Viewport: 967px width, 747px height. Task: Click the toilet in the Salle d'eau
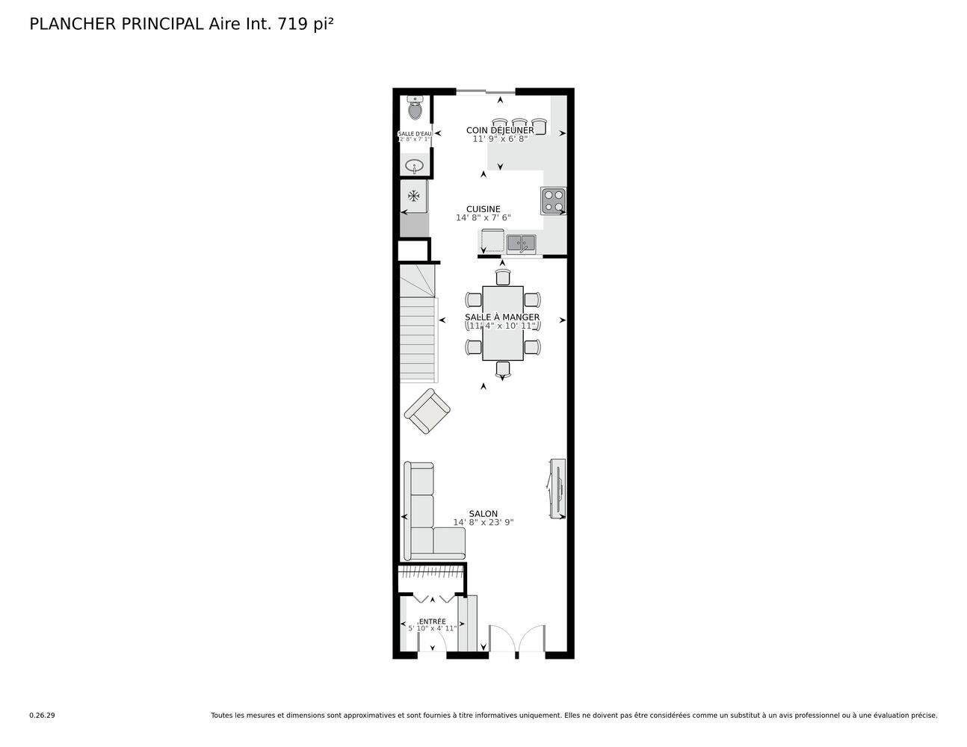point(415,108)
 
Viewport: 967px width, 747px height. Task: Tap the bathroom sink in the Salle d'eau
point(414,167)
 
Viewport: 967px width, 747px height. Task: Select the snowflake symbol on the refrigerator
point(414,195)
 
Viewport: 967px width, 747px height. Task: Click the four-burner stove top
point(553,200)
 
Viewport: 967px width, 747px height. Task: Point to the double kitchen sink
point(521,244)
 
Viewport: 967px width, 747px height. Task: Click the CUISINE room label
point(483,209)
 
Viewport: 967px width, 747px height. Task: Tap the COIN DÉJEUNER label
point(500,130)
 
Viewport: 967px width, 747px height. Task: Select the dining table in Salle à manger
point(502,323)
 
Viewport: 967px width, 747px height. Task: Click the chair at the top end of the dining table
point(503,276)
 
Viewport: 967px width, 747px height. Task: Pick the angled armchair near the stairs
point(427,412)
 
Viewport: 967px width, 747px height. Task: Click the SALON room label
point(483,514)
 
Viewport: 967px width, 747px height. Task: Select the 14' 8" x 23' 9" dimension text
point(483,522)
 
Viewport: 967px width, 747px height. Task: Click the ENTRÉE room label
point(432,622)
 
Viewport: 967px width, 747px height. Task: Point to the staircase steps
point(418,323)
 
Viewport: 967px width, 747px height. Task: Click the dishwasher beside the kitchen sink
point(492,241)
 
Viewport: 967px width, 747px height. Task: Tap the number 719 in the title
point(293,24)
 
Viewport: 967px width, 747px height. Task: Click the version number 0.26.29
point(43,716)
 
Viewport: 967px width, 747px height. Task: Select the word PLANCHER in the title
point(72,24)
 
